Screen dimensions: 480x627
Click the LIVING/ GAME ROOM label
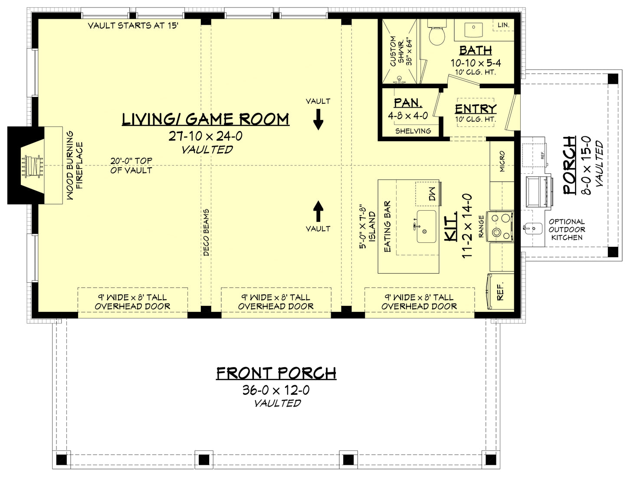205,119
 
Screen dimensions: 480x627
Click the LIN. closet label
503,25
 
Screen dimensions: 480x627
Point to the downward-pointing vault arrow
318,119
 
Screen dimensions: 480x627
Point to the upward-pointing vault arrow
318,211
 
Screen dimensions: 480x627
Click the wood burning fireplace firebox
33,166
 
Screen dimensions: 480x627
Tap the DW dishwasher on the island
428,194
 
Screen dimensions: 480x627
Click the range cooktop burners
500,226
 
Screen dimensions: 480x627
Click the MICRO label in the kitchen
502,161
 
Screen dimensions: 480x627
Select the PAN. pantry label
408,103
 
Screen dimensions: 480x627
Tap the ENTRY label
476,109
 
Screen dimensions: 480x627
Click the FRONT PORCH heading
276,373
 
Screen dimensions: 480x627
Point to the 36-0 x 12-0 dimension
276,390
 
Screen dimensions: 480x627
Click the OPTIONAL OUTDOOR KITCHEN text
567,229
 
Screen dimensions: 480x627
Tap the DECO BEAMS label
206,232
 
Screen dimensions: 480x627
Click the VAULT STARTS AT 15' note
133,26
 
